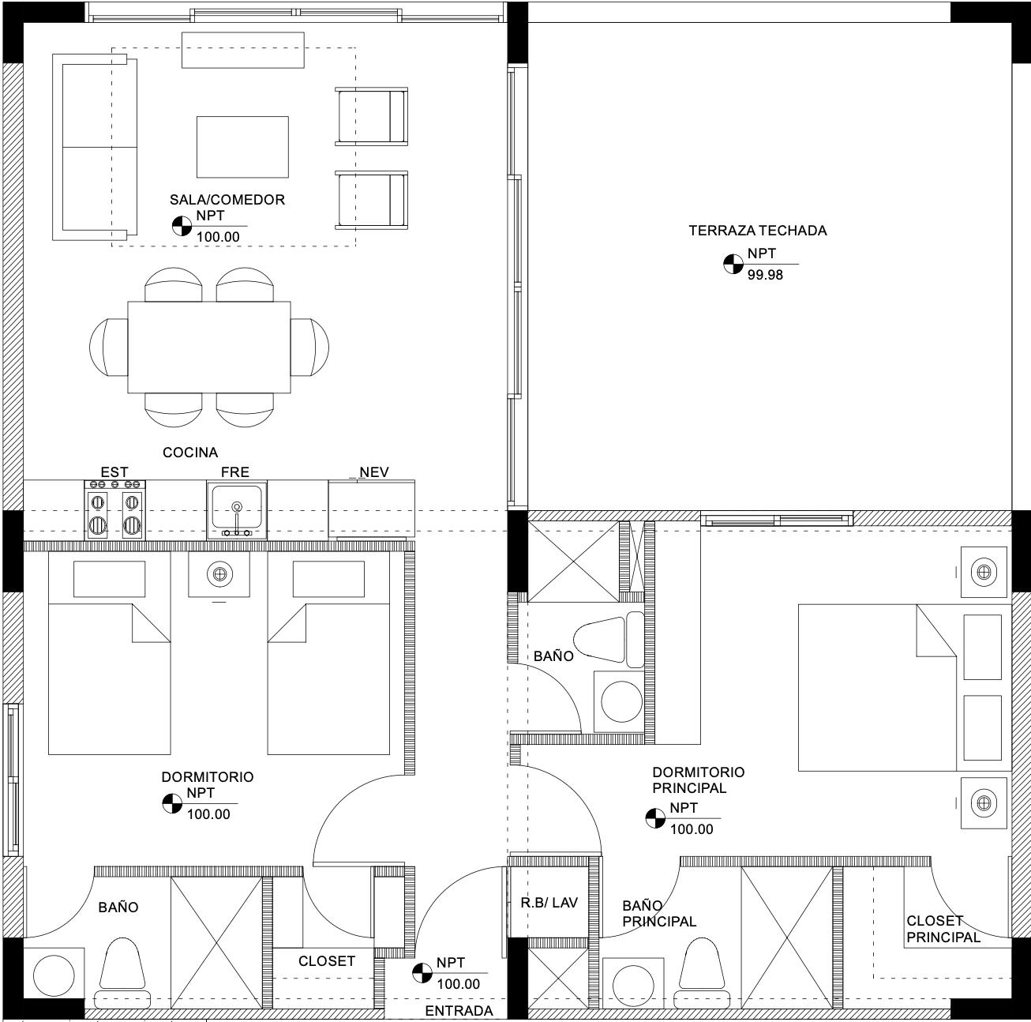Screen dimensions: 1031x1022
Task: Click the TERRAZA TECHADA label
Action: tap(757, 231)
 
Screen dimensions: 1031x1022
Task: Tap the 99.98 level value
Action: tap(765, 275)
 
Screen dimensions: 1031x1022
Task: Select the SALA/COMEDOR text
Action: tap(227, 200)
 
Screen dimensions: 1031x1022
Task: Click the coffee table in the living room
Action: tap(242, 147)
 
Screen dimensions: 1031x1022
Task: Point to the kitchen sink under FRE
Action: tap(237, 510)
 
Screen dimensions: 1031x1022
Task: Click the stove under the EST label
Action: tap(114, 509)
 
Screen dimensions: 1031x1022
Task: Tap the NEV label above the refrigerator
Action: tap(374, 472)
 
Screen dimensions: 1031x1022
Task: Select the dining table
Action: tap(209, 347)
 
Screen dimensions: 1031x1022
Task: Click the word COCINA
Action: tap(190, 453)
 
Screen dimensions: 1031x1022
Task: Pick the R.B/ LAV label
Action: tap(549, 903)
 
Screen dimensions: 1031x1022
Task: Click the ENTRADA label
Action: tap(459, 1011)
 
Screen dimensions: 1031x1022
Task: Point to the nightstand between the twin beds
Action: tap(219, 574)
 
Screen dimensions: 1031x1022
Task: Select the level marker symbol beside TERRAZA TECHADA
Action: tap(733, 264)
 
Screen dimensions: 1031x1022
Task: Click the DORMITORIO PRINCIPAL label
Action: tap(698, 780)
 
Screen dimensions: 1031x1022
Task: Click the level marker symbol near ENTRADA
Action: tap(422, 973)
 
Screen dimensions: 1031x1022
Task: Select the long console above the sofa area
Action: tap(243, 50)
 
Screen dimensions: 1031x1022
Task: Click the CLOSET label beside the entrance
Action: tap(326, 961)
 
